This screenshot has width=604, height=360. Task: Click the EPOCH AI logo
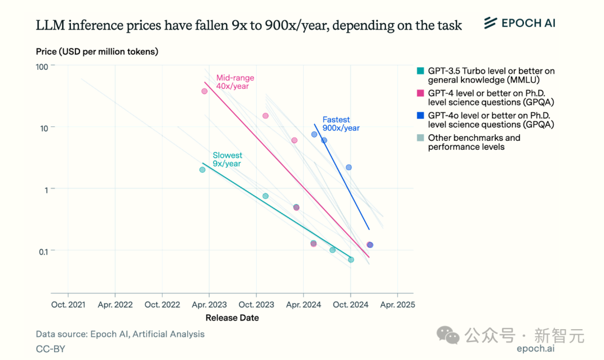click(x=520, y=23)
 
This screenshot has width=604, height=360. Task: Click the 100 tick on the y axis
click(x=43, y=66)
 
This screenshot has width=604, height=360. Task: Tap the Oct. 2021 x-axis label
click(x=68, y=305)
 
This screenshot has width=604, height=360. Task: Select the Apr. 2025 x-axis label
click(x=397, y=305)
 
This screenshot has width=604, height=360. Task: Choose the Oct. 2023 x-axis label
click(x=256, y=305)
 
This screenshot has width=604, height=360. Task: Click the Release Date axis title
click(x=232, y=318)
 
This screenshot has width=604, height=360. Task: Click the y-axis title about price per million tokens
click(x=97, y=52)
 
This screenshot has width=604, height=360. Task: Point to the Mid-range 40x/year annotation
click(x=235, y=82)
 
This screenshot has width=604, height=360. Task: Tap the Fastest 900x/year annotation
click(x=341, y=124)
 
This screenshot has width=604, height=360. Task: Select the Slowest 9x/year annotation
click(x=227, y=159)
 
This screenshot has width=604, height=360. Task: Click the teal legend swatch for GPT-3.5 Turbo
click(x=420, y=71)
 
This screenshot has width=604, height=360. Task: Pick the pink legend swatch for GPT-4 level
click(x=420, y=93)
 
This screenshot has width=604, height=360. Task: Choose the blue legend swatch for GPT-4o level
click(x=420, y=116)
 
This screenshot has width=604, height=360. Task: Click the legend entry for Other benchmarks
click(x=474, y=142)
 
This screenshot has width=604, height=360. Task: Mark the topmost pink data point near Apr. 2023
click(x=205, y=91)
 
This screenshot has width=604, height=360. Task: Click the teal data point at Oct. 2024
click(x=351, y=259)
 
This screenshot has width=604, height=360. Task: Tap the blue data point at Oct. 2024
click(x=349, y=167)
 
